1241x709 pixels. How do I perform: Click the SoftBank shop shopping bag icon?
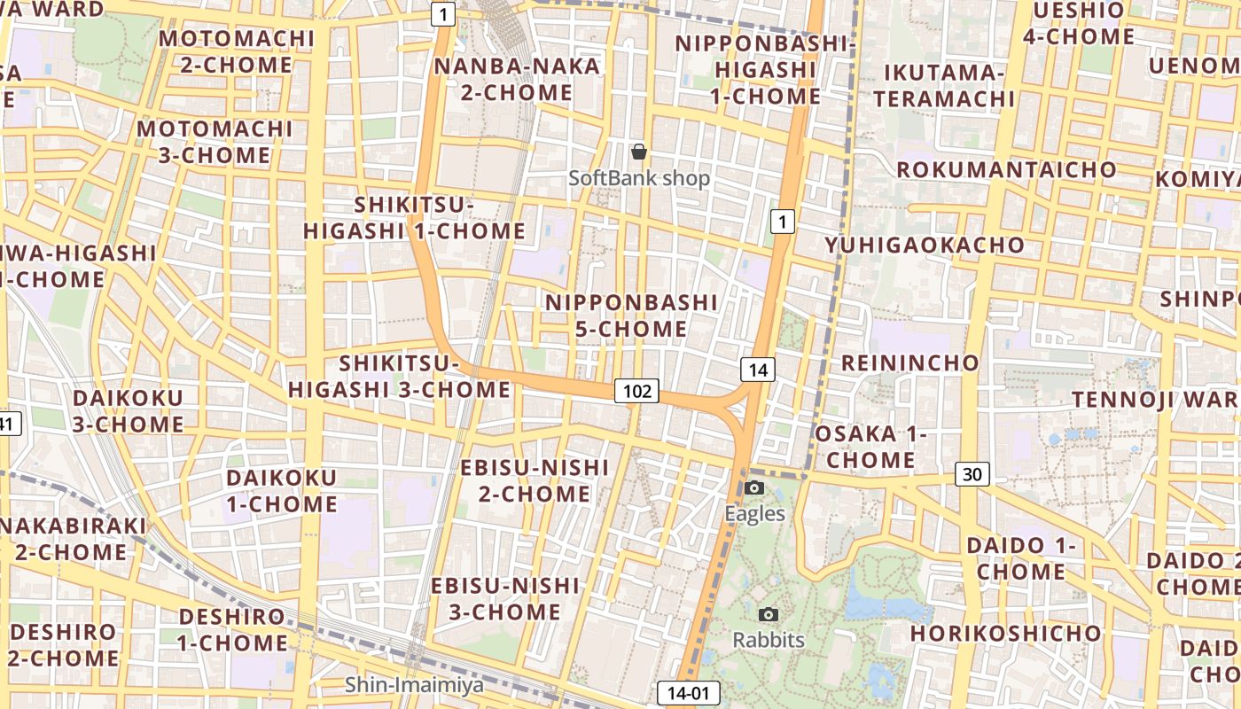(x=638, y=152)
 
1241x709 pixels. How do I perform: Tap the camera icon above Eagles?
(x=754, y=487)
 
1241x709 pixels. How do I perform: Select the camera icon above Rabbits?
(x=769, y=614)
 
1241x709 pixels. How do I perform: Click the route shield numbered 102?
(x=637, y=391)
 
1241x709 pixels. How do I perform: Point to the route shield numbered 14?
(x=758, y=370)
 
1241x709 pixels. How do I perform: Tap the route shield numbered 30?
(x=972, y=474)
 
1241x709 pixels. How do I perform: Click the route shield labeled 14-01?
(x=688, y=693)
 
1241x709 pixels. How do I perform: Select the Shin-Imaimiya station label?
(x=415, y=684)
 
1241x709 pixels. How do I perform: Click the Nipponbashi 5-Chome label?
(x=631, y=316)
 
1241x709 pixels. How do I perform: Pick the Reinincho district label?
(x=909, y=362)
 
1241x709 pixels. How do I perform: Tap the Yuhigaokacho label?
(x=925, y=245)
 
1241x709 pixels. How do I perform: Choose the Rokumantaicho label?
(x=1006, y=169)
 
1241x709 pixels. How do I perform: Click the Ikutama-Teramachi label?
(x=944, y=85)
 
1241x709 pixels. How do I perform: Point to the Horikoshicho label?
(x=1005, y=634)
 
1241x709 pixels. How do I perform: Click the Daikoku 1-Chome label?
(x=282, y=491)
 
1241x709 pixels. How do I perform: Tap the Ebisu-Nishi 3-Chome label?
(x=505, y=599)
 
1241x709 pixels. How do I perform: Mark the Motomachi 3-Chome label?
(x=215, y=142)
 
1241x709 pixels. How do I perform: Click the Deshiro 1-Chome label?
(x=232, y=629)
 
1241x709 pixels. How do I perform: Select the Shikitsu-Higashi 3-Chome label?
(x=399, y=377)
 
